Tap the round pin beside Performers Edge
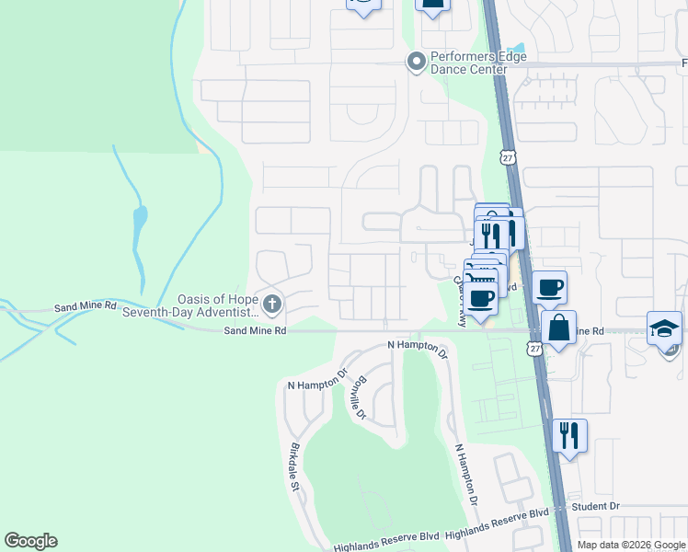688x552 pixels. pos(416,63)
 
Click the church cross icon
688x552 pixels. pos(271,303)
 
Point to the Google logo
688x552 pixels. pos(30,541)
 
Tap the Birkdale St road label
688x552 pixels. pos(297,470)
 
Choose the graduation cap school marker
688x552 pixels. pos(664,328)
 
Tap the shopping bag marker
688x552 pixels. pos(558,327)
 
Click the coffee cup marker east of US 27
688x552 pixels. pos(549,287)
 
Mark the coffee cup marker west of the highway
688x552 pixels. pos(481,297)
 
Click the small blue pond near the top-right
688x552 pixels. pos(517,47)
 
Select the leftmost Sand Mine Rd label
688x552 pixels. pos(86,305)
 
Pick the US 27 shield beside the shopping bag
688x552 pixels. pos(533,348)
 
